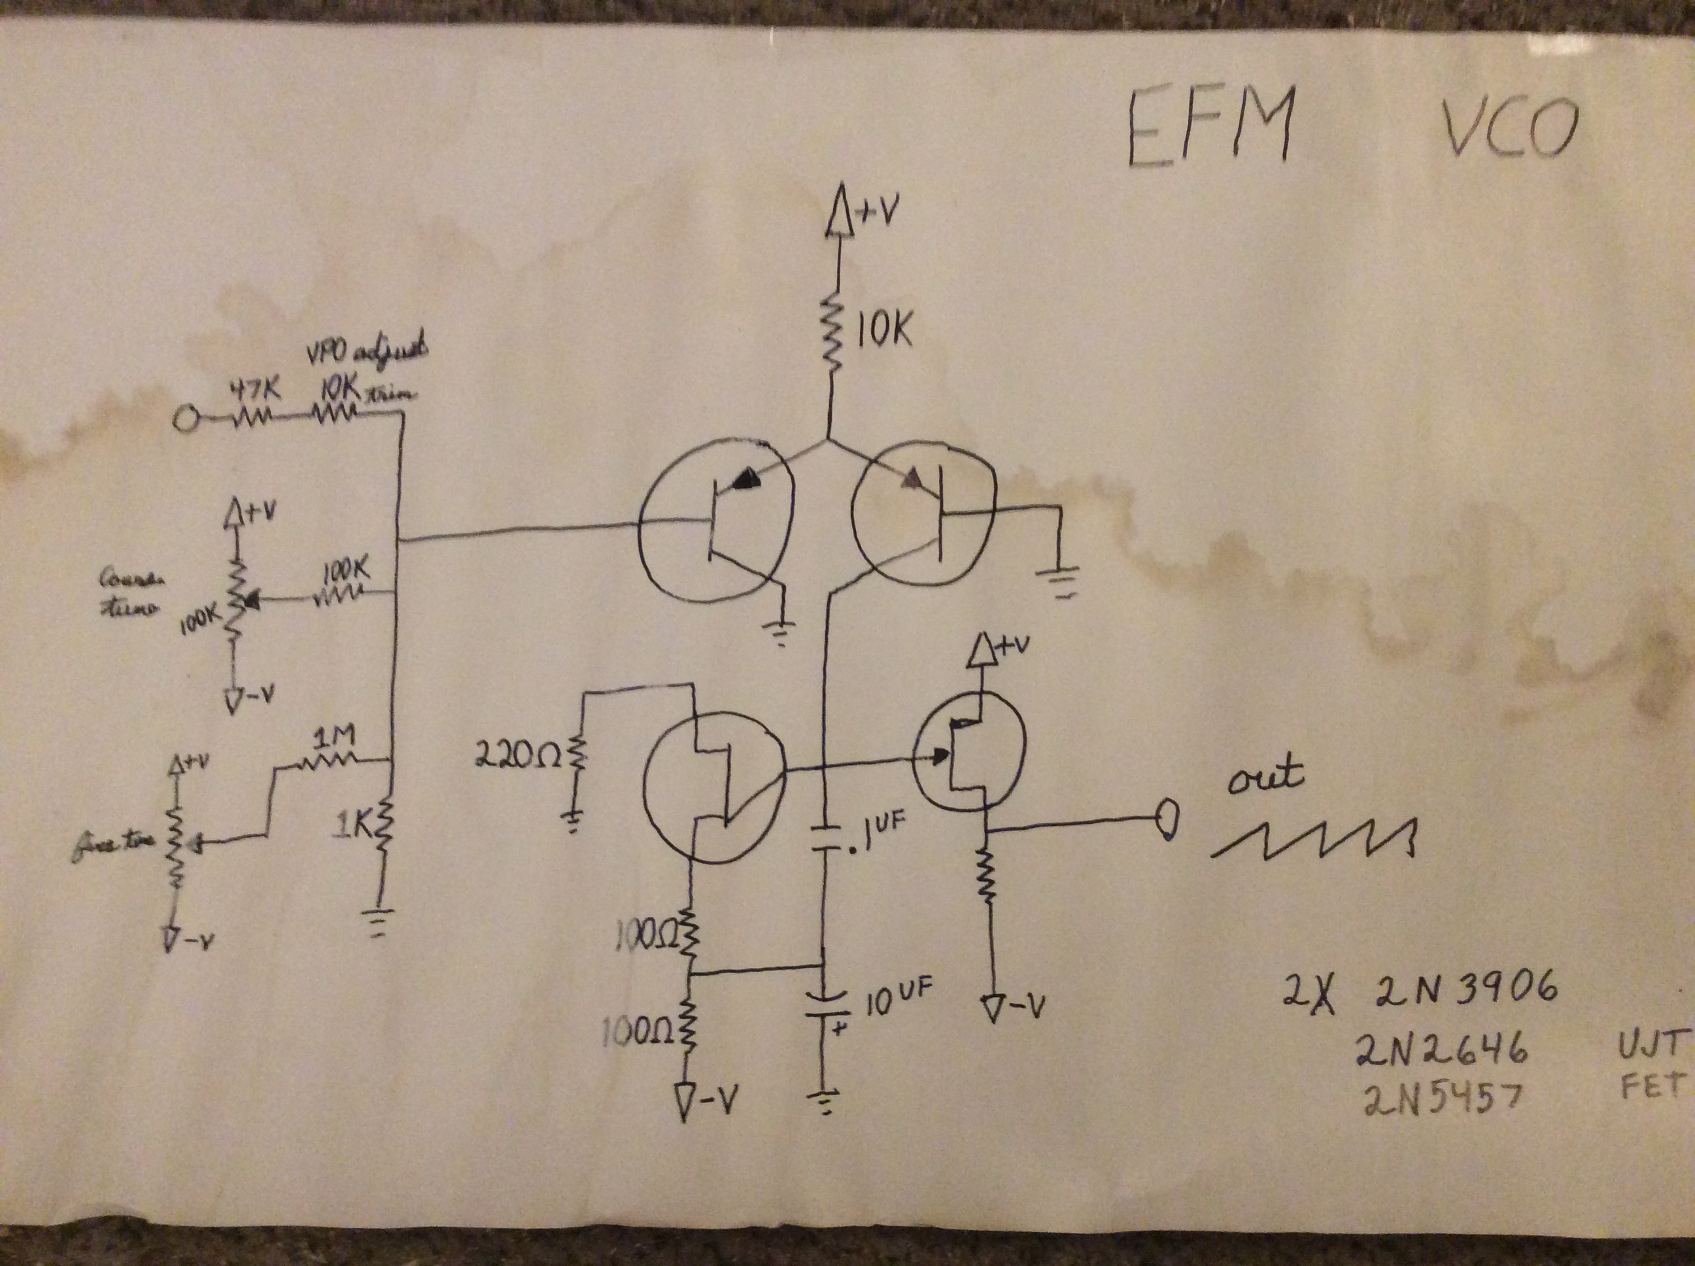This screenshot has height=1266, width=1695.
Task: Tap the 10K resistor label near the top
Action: point(883,331)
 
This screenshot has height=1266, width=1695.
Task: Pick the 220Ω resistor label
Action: point(518,757)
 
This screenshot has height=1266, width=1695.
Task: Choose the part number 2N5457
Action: point(1441,1100)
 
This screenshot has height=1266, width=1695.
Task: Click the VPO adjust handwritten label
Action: point(366,352)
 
